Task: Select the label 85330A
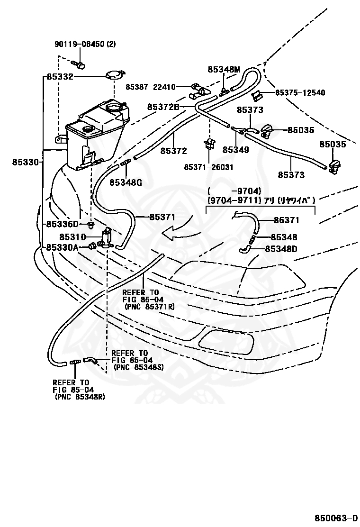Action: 62,247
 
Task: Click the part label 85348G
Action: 126,182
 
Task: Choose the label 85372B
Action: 163,107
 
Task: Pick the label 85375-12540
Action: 300,92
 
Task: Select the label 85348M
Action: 224,70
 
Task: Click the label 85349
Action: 236,150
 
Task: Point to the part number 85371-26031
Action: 208,167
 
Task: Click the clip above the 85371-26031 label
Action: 210,144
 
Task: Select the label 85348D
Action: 281,249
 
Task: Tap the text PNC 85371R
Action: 149,307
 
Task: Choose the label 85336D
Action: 62,224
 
